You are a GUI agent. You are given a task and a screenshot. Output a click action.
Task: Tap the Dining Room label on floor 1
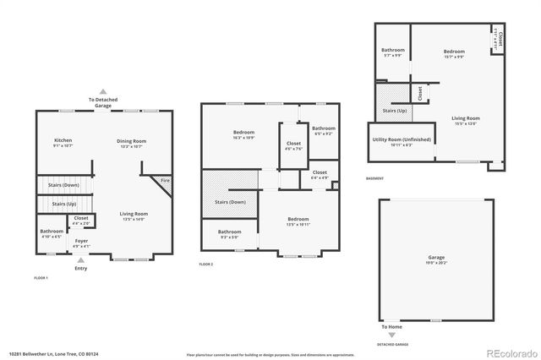[131, 140]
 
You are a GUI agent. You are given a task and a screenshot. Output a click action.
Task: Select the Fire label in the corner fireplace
[166, 180]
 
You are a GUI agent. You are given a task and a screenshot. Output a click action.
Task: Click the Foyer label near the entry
[81, 241]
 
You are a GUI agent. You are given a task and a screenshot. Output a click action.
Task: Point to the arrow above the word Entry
[80, 259]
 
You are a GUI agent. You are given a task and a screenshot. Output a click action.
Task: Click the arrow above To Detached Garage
[103, 91]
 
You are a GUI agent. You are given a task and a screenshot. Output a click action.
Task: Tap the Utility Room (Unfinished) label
[402, 139]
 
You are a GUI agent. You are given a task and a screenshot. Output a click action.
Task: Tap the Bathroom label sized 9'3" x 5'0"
[230, 232]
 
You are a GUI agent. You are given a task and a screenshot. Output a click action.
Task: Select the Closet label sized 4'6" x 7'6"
[293, 144]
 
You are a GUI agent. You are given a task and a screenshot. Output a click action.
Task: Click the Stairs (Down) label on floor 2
[230, 202]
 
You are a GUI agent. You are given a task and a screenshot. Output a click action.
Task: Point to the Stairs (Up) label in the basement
[395, 110]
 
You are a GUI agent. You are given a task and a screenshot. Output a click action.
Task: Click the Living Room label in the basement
[465, 118]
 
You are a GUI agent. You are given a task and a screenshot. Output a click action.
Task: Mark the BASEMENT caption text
[374, 178]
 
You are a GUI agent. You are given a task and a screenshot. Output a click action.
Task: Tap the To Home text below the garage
[391, 326]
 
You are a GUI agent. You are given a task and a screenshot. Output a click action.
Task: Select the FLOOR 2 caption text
[206, 265]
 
